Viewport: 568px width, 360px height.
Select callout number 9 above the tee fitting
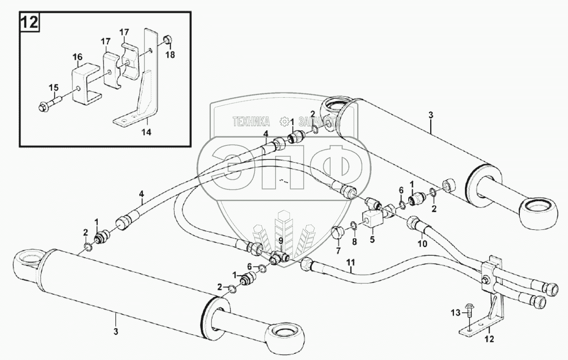pyautogui.click(x=281, y=241)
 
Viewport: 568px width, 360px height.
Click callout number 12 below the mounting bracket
pyautogui.click(x=489, y=340)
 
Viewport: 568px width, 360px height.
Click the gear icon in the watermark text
pyautogui.click(x=285, y=121)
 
